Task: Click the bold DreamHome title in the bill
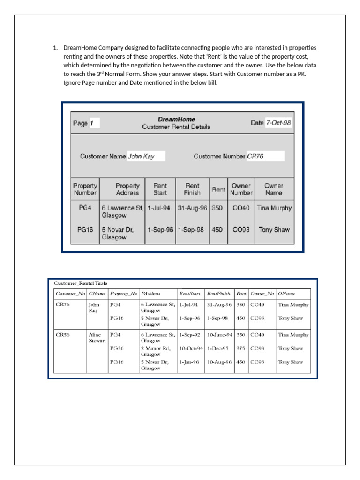point(176,120)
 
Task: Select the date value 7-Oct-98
point(278,123)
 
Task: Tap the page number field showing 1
point(94,123)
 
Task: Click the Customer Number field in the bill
point(265,156)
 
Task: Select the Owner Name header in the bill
point(274,189)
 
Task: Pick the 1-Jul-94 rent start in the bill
point(159,208)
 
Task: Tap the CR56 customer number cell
point(63,335)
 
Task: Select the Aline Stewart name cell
point(97,337)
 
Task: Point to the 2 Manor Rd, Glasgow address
point(155,351)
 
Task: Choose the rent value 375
point(241,348)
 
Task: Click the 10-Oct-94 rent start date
point(191,348)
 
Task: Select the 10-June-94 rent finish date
point(220,335)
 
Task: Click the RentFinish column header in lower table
point(218,294)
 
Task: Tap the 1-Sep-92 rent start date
point(190,335)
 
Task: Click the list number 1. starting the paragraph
point(55,48)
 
